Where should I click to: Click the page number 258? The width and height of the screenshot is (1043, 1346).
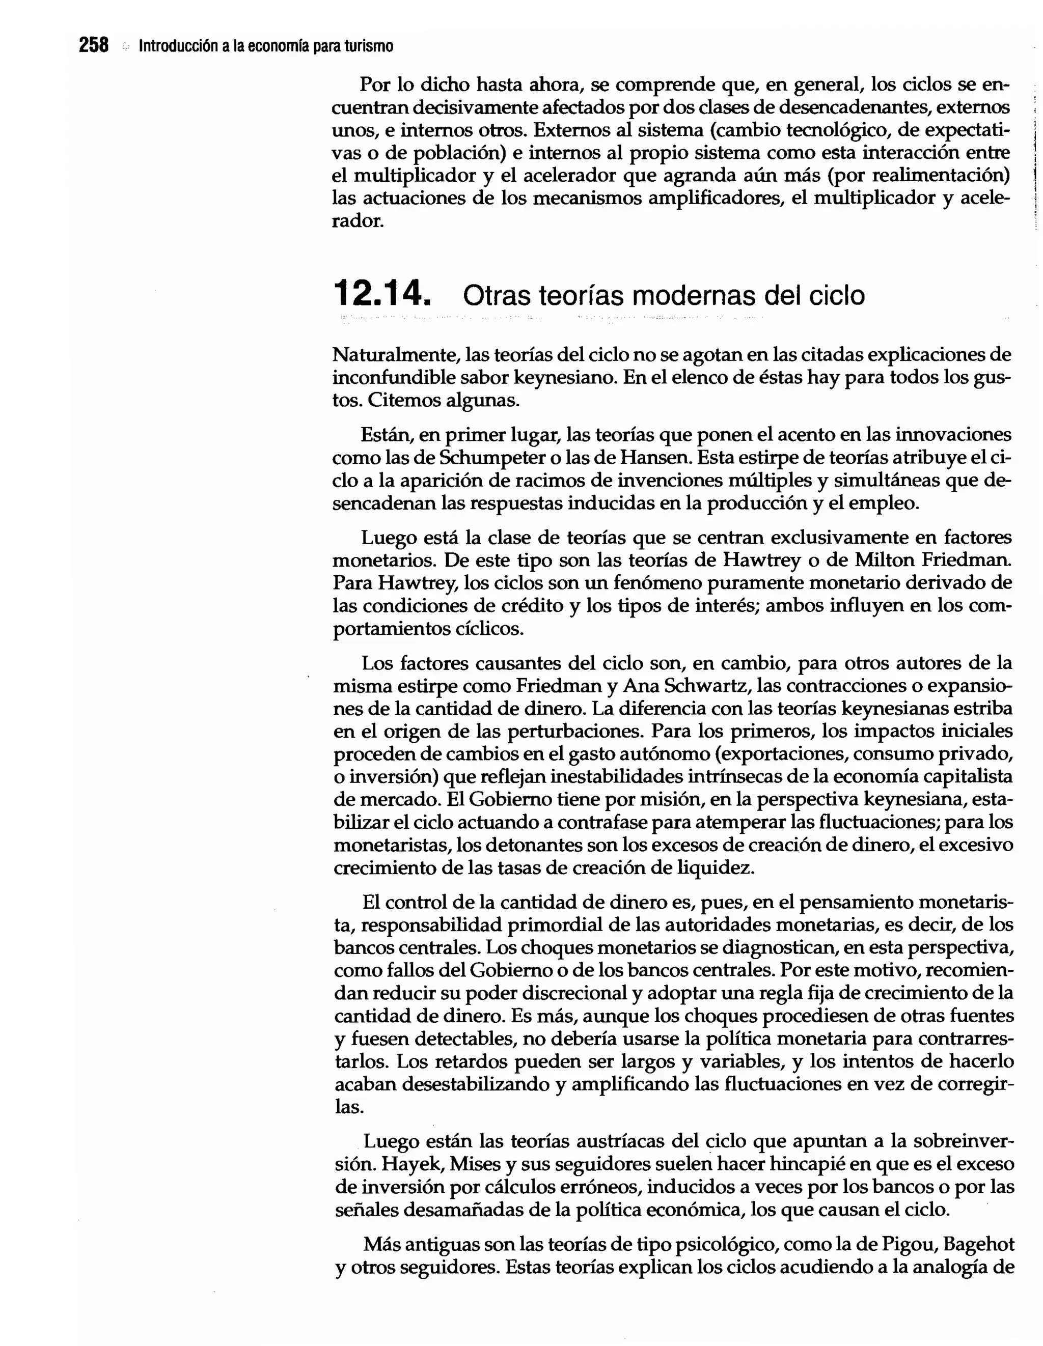pyautogui.click(x=94, y=46)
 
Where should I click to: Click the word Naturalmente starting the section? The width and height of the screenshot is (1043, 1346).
pyautogui.click(x=395, y=355)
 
